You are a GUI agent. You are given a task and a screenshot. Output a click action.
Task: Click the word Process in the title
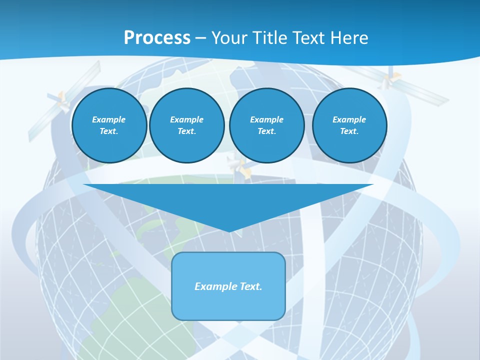click(x=157, y=38)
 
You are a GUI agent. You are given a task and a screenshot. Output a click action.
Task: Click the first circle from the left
click(x=109, y=125)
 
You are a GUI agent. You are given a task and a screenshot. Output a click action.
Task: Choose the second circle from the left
click(x=186, y=125)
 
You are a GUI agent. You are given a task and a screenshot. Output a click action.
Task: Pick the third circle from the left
click(x=266, y=125)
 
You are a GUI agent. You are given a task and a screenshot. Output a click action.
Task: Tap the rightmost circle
click(x=349, y=125)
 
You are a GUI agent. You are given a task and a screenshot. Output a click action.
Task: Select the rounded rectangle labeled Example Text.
click(x=228, y=286)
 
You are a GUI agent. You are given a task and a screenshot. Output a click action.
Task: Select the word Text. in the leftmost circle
click(x=109, y=131)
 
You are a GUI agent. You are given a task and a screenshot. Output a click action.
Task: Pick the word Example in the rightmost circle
click(x=349, y=119)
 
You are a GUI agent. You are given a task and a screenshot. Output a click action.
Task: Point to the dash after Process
click(x=200, y=38)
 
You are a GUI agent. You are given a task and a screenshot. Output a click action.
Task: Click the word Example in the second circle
click(x=186, y=119)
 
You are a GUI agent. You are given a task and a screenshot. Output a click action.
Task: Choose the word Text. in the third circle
click(x=266, y=131)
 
